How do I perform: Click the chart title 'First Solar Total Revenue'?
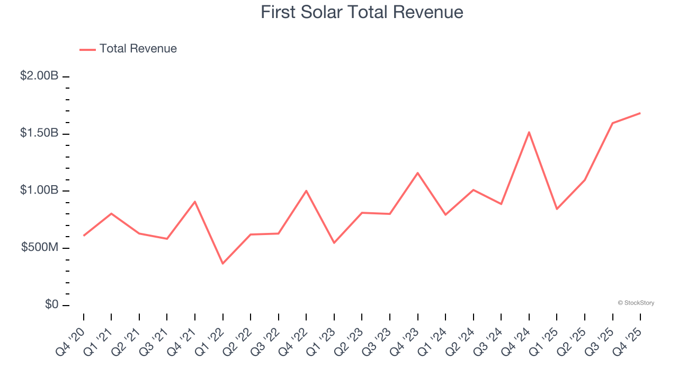(362, 12)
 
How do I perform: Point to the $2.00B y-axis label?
(39, 76)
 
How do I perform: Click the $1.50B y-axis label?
(39, 133)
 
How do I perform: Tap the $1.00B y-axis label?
(39, 190)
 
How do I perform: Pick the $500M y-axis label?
(39, 248)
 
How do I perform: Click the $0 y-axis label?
(51, 305)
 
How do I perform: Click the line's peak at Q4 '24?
(529, 132)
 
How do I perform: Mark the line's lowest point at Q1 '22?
(222, 264)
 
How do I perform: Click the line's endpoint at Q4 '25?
(640, 113)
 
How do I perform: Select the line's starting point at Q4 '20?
(84, 236)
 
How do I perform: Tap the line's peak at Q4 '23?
(417, 173)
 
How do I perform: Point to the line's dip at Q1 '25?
(557, 209)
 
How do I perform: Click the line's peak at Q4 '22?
(306, 190)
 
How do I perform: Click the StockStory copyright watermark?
(636, 303)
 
